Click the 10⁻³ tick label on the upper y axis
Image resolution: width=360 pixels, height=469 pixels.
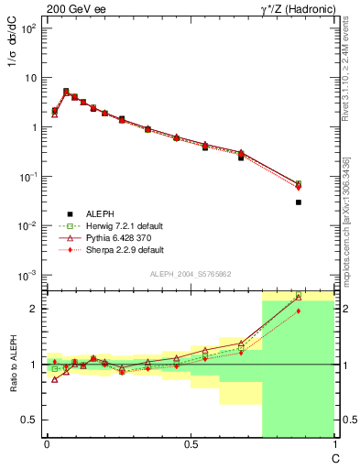28,275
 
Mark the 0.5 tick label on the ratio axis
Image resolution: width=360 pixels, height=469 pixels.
31,420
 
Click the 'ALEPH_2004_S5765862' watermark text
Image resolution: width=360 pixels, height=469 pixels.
190,275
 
